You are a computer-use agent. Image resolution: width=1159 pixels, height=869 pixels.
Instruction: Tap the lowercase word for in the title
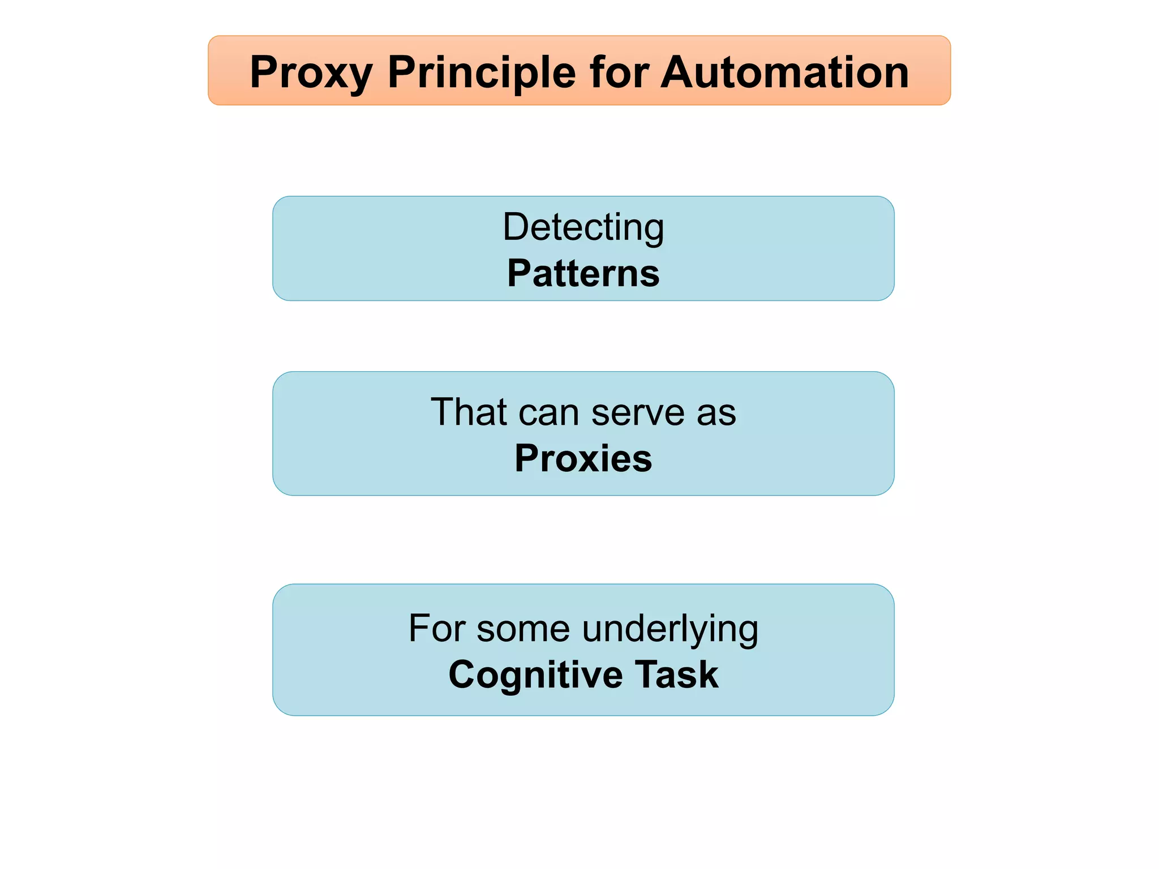618,72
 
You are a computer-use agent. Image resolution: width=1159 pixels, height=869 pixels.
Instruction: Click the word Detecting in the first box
583,228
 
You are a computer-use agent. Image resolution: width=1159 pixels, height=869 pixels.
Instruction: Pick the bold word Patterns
583,273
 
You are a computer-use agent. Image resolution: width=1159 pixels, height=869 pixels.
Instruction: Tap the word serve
638,412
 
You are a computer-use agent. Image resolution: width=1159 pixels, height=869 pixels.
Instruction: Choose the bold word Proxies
583,458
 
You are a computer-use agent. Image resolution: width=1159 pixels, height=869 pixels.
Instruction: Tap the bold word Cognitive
535,676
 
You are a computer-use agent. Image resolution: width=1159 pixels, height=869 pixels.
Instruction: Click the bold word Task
676,674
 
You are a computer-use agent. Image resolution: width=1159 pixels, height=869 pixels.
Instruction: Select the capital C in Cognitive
464,674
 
